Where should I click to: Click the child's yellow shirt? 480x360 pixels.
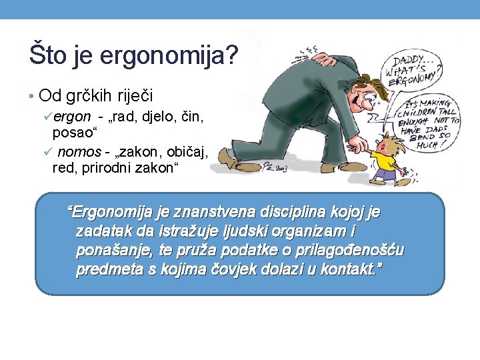[x=381, y=161]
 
